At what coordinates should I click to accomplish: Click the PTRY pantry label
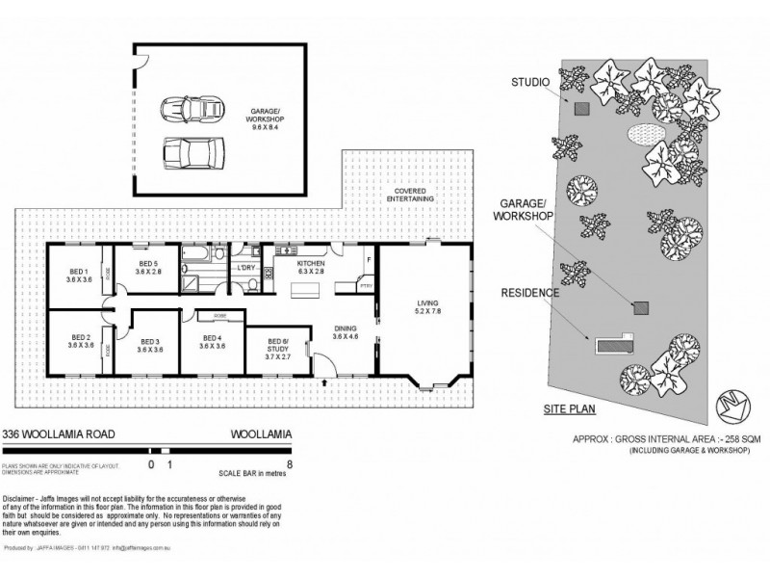tap(365, 286)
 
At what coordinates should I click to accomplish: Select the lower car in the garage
tap(195, 152)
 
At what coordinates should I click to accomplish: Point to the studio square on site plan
tap(581, 109)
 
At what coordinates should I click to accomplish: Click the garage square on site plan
tap(640, 308)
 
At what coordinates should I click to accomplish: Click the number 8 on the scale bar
tap(290, 464)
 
